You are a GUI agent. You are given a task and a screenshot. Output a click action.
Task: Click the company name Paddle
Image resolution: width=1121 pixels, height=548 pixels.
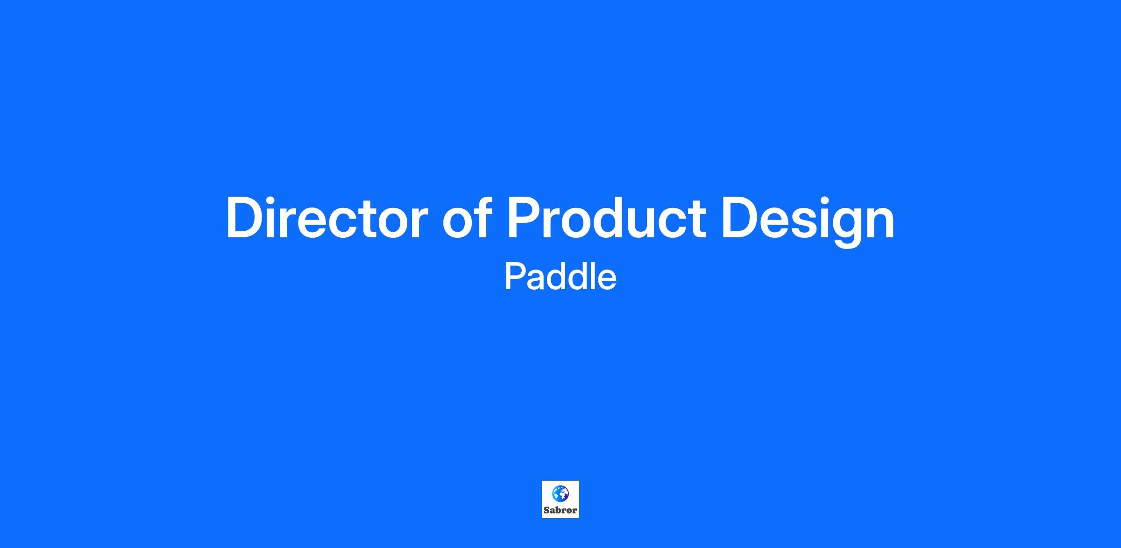click(x=560, y=277)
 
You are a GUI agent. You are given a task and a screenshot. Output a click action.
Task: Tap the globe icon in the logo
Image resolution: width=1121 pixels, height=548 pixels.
click(x=560, y=493)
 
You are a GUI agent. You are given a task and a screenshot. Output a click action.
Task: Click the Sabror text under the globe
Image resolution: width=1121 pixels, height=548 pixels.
click(x=560, y=510)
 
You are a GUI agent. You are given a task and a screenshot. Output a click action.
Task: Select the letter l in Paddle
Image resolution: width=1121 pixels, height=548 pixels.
click(x=592, y=276)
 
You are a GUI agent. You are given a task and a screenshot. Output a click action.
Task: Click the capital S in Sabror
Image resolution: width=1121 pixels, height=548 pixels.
click(x=546, y=510)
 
